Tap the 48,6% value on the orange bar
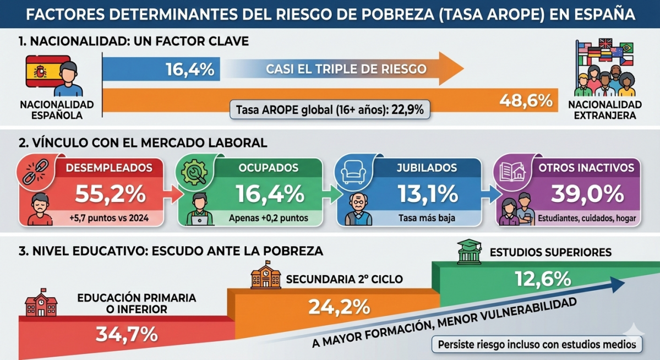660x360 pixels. [525, 100]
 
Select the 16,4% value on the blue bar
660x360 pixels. [189, 69]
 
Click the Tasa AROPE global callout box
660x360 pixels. [329, 110]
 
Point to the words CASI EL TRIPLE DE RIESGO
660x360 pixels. [346, 69]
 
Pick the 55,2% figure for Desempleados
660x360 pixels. [110, 194]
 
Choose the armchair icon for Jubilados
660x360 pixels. [353, 171]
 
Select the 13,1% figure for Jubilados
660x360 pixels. [426, 194]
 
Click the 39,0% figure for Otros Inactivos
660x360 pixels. [586, 194]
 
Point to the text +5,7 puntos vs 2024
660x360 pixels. [110, 219]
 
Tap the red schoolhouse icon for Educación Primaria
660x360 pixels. [42, 304]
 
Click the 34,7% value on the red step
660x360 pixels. [127, 334]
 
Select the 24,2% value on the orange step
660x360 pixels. [339, 306]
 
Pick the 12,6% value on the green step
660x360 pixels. [543, 279]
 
